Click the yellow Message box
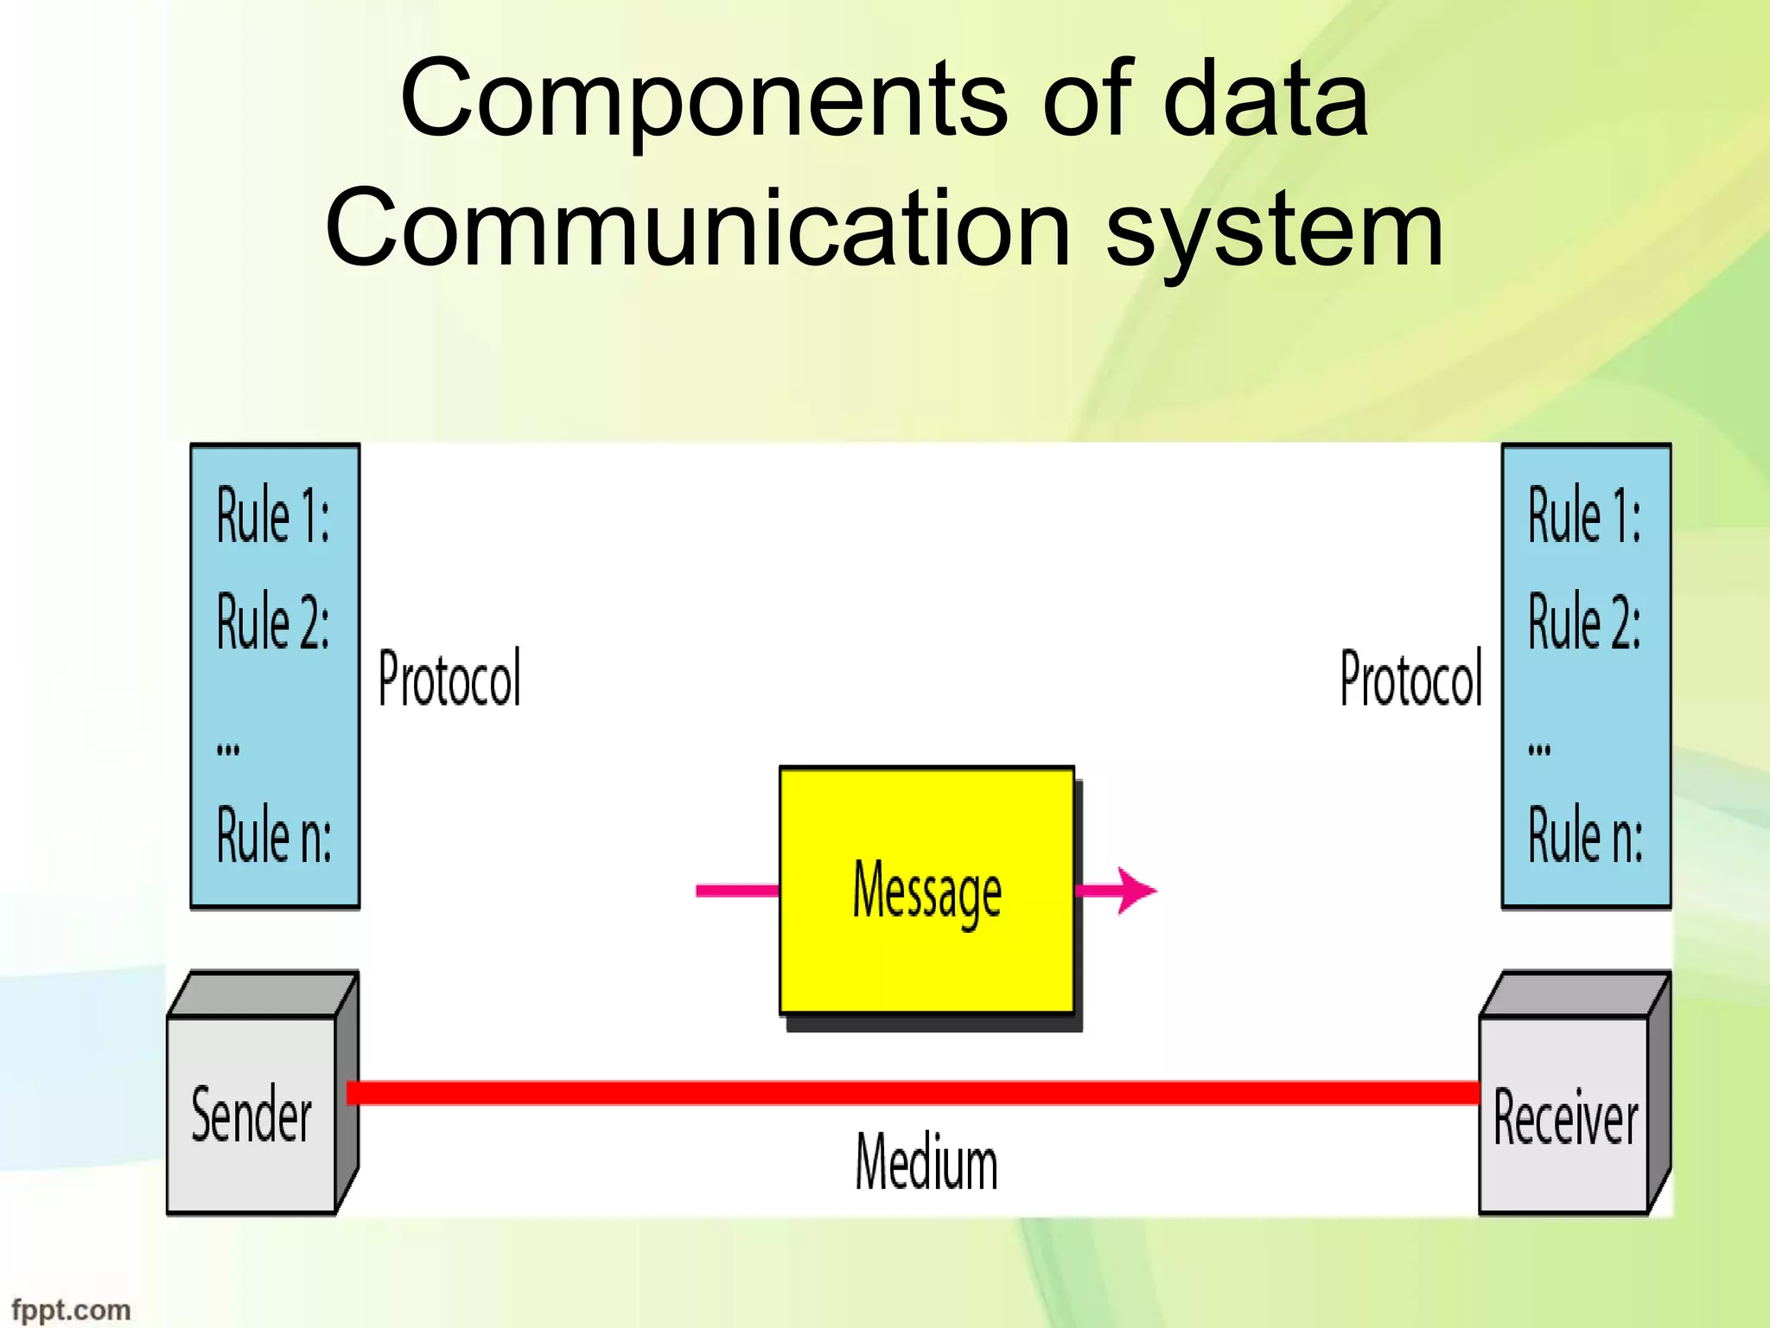[x=926, y=891]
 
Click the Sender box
[x=251, y=1114]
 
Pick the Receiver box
[x=1564, y=1115]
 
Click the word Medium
[x=926, y=1163]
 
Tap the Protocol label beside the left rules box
[x=450, y=679]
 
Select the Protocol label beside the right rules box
[x=1410, y=679]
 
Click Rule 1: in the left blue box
[x=272, y=515]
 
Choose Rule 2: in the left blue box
[x=272, y=621]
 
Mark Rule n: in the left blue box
[x=273, y=835]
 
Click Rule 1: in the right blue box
[x=1584, y=515]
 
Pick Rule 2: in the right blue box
[x=1584, y=621]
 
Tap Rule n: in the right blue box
[x=1585, y=835]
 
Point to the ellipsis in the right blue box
[x=1539, y=749]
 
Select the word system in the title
[x=1275, y=229]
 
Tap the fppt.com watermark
[x=71, y=1309]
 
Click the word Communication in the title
[x=698, y=229]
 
